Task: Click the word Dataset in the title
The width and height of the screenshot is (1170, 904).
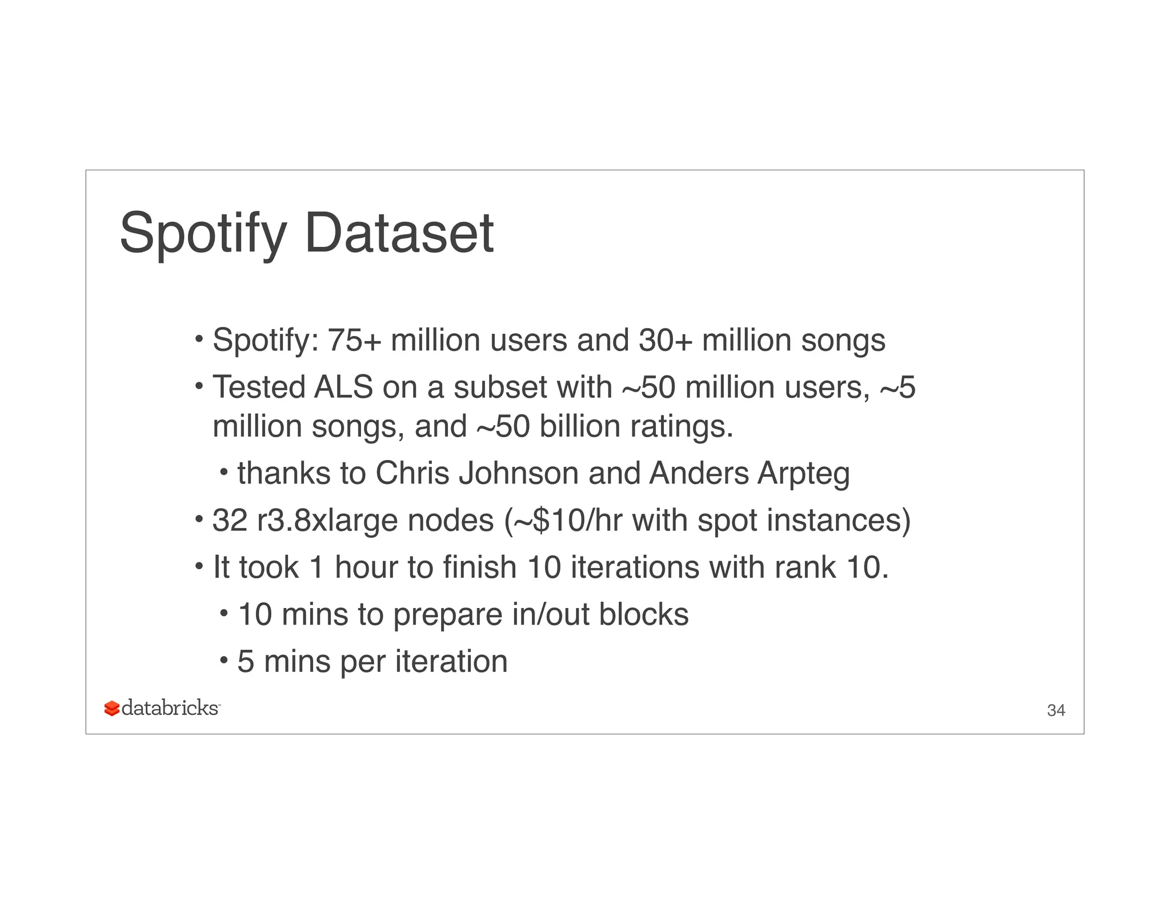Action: click(x=399, y=233)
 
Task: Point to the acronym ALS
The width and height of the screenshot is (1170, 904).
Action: click(x=343, y=387)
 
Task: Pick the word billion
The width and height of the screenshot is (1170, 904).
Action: click(x=579, y=426)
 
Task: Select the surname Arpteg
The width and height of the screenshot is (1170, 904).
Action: click(x=804, y=474)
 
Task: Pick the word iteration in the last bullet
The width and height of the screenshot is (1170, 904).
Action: click(x=451, y=661)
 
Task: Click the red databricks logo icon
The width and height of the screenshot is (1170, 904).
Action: click(x=112, y=709)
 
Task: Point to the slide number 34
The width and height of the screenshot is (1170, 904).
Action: click(x=1056, y=710)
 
